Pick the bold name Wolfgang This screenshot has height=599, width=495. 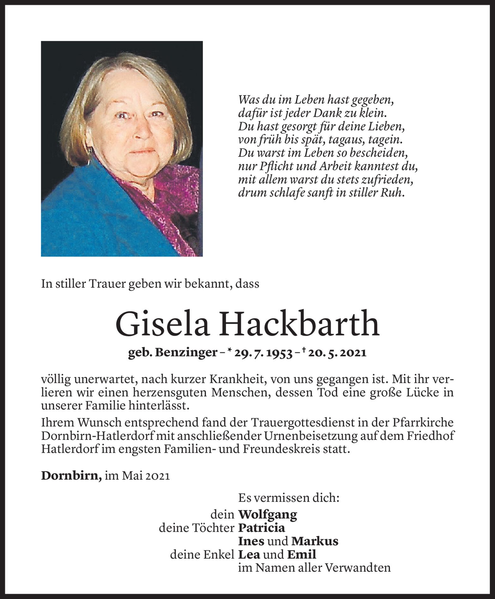268,515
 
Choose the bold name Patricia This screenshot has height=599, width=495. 262,528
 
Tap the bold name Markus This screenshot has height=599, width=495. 315,541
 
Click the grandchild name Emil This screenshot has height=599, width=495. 302,554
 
